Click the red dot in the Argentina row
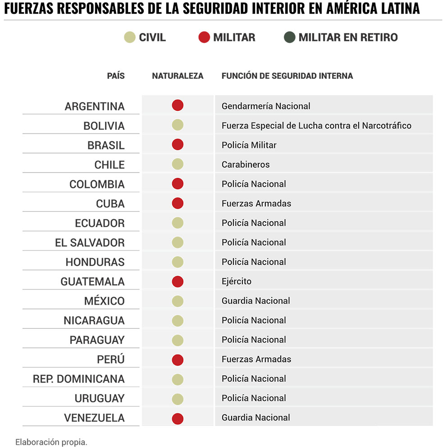(178, 105)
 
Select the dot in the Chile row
(178, 164)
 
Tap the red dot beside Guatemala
(178, 281)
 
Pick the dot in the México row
(178, 301)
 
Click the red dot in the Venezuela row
(178, 418)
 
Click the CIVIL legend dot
(130, 37)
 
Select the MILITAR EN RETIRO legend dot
(290, 37)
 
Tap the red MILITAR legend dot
(204, 37)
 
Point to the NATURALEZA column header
(178, 76)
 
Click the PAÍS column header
(116, 76)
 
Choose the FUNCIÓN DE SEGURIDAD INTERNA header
(287, 76)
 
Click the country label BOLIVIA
(104, 126)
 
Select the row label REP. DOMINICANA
(78, 379)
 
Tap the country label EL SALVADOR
(90, 243)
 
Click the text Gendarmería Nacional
(266, 106)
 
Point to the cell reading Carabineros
(246, 164)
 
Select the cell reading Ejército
(237, 281)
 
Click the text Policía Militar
(249, 145)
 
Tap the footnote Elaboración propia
(51, 442)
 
